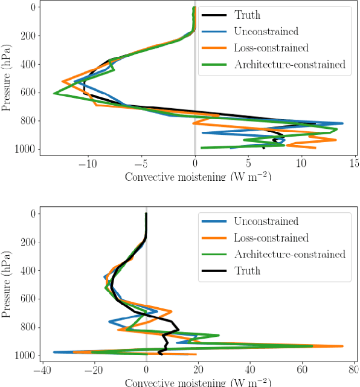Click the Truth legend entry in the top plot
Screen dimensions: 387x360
248,15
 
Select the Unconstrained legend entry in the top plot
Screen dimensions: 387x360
260,31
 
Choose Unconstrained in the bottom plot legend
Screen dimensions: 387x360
260,221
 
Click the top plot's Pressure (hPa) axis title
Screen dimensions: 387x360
7,77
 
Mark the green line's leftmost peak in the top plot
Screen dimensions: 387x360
54,93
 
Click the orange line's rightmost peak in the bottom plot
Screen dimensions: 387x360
343,346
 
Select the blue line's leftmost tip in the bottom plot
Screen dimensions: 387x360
54,352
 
